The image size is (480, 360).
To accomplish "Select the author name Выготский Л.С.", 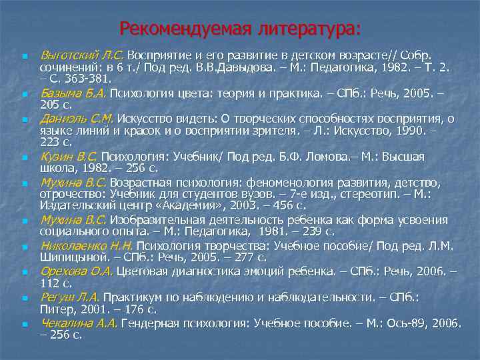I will (x=81, y=54).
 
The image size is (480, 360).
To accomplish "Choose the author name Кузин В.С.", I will (x=69, y=157).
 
